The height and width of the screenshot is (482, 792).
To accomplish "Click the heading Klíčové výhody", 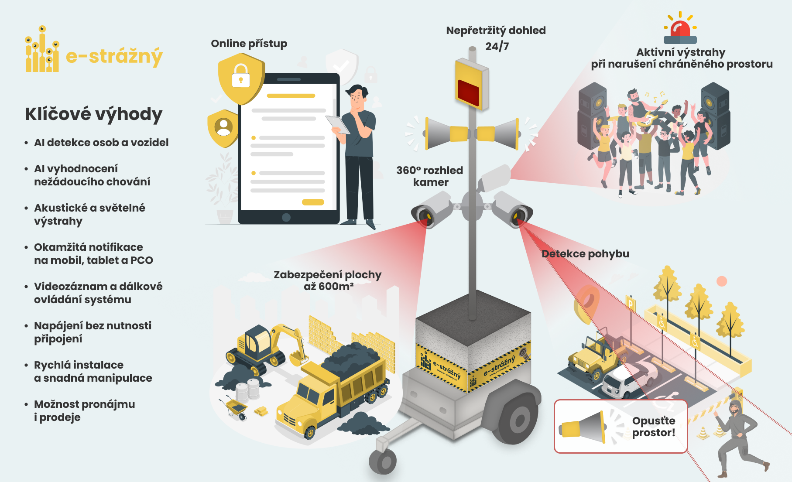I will coord(93,114).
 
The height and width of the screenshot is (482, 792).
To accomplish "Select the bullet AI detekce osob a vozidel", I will coord(101,143).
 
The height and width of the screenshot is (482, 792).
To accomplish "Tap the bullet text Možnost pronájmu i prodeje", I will coord(84,410).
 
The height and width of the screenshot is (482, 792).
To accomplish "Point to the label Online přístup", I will coord(249,44).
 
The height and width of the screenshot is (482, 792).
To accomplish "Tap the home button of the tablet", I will coord(286,217).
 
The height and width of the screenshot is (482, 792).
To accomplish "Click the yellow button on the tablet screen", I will coord(313,202).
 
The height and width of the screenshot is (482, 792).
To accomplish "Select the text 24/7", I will coord(497,46).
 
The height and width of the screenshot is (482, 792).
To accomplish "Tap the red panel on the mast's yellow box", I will coord(468,92).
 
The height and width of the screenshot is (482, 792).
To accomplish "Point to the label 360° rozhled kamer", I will coord(430,176).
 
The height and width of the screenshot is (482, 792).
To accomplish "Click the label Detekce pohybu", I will coord(585,254).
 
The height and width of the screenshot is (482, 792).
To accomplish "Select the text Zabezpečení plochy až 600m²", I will coord(327,280).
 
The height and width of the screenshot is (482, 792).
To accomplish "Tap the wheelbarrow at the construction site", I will coord(236,407).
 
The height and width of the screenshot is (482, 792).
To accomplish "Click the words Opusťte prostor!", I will coord(653,427).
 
